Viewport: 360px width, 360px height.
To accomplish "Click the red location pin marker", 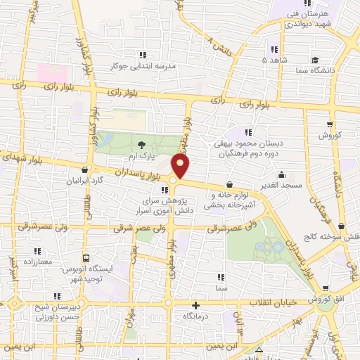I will click(x=181, y=166).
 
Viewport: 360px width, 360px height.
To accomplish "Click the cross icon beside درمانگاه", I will click(x=196, y=305).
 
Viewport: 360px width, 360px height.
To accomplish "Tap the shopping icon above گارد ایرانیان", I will click(x=85, y=169).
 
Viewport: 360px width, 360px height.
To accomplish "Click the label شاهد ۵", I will click(x=274, y=60).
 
